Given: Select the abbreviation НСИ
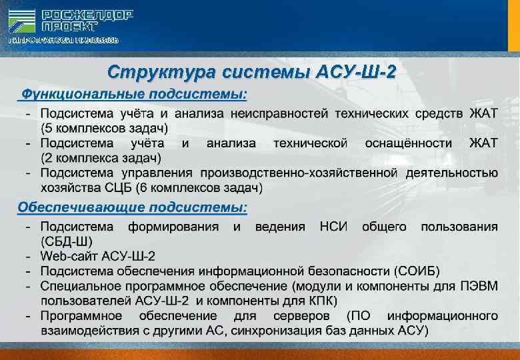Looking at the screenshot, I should (333, 227).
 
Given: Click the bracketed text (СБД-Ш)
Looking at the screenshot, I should (67, 241).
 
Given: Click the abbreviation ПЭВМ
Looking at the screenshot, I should (479, 286).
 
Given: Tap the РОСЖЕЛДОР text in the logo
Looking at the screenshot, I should (87, 15).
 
